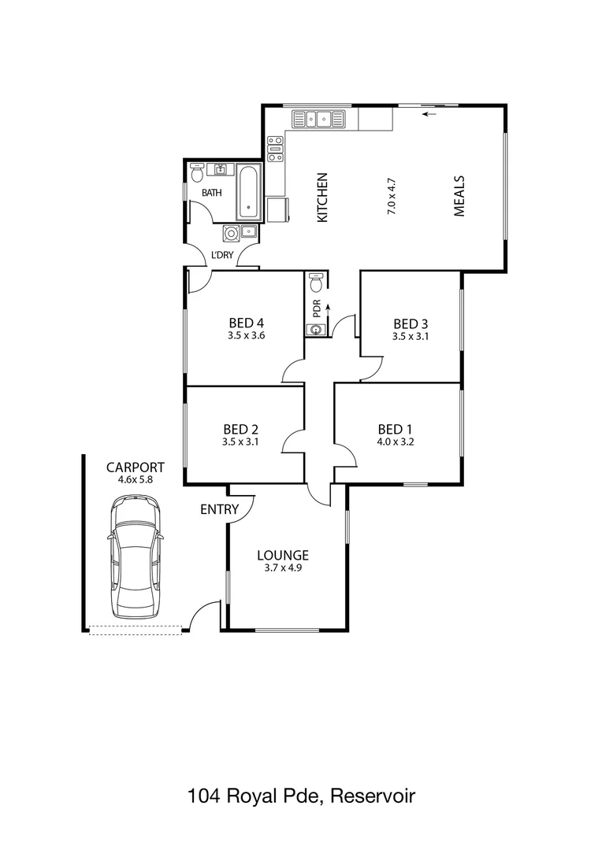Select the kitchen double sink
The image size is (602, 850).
click(319, 120)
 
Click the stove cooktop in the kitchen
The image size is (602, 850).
click(275, 148)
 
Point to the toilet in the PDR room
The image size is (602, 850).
click(316, 281)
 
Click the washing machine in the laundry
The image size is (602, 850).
click(232, 232)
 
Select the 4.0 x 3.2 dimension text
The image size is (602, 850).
click(396, 442)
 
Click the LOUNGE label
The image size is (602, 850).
click(282, 555)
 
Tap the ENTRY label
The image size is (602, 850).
click(219, 509)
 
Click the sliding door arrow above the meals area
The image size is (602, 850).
click(429, 115)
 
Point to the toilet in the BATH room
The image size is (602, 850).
click(197, 170)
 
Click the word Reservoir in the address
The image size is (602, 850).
click(372, 796)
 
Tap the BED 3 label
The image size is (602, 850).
click(410, 323)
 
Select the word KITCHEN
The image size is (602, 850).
click(321, 198)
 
